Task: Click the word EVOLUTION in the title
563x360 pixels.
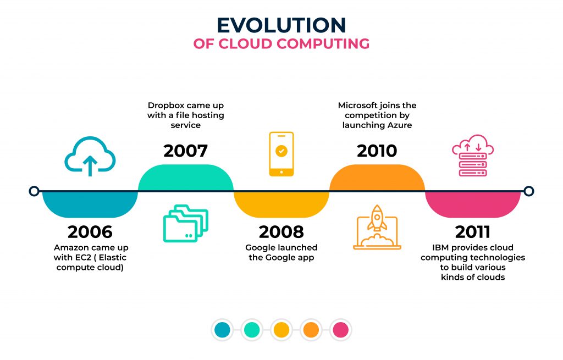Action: [x=281, y=25]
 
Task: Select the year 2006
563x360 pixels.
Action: [x=90, y=231]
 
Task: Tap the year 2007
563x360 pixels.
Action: [x=185, y=151]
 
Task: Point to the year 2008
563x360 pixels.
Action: [x=281, y=231]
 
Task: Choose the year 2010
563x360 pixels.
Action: [x=377, y=151]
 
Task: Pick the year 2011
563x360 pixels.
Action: [x=472, y=231]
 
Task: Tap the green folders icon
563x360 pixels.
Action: [x=186, y=223]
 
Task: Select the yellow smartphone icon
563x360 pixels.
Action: [x=281, y=154]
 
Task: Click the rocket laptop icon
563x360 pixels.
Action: [x=377, y=227]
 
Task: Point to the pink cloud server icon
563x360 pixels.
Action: [x=472, y=158]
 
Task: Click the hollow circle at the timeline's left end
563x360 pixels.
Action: [x=34, y=191]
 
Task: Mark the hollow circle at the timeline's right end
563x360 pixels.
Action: [x=528, y=191]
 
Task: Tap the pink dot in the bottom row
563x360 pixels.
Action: [x=341, y=330]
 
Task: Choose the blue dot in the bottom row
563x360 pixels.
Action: [x=222, y=330]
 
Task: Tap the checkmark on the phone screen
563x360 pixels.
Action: [x=281, y=151]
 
